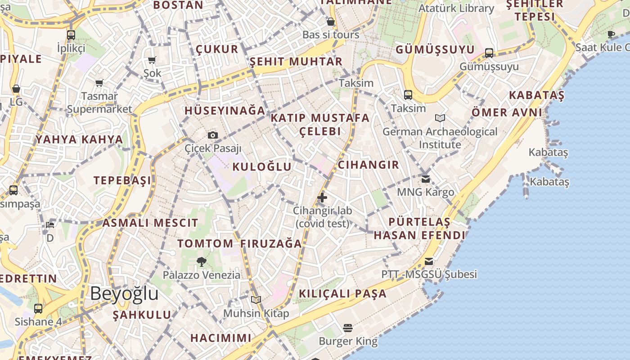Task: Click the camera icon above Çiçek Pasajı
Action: [213, 135]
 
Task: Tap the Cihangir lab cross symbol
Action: [322, 197]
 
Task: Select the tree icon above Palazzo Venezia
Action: [202, 261]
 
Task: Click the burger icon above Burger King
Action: [348, 328]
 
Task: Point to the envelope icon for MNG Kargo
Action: [426, 179]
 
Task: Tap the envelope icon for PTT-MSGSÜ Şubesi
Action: [429, 261]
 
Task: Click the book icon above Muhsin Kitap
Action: [256, 300]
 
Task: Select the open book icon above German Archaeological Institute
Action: [440, 118]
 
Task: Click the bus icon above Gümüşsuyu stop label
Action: [489, 53]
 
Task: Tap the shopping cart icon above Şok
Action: [152, 60]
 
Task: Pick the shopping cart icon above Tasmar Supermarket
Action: [99, 83]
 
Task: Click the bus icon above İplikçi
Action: [71, 35]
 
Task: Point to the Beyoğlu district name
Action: [124, 293]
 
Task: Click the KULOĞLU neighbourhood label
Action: [262, 167]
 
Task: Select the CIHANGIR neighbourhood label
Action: [368, 165]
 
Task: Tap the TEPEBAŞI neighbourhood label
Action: [122, 180]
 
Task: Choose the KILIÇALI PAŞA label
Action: [343, 294]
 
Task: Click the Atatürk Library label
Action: [456, 8]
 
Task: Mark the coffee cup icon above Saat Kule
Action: [611, 34]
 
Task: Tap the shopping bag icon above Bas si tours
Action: [331, 22]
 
